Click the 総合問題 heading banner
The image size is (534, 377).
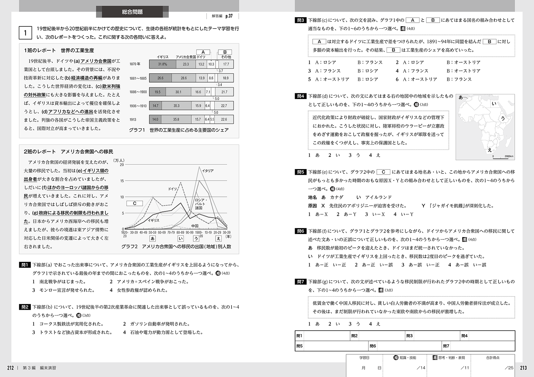tap(132, 12)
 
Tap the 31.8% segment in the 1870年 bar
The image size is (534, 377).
tap(162, 64)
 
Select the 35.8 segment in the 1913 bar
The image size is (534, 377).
tap(176, 119)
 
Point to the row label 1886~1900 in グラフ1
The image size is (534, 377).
tap(138, 92)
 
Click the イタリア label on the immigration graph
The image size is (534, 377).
tap(208, 171)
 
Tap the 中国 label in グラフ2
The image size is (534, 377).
tap(195, 226)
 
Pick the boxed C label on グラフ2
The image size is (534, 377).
tap(135, 204)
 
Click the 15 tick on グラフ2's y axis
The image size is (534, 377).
tap(122, 181)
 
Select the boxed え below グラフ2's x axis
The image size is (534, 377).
tap(218, 239)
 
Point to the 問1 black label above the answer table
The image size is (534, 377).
tap(25, 265)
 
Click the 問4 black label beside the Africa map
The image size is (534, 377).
tap(300, 96)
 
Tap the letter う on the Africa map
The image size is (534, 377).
tap(503, 119)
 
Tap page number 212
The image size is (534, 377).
tap(10, 368)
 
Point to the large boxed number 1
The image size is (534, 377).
tap(25, 33)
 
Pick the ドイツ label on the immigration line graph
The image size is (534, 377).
tap(173, 189)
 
